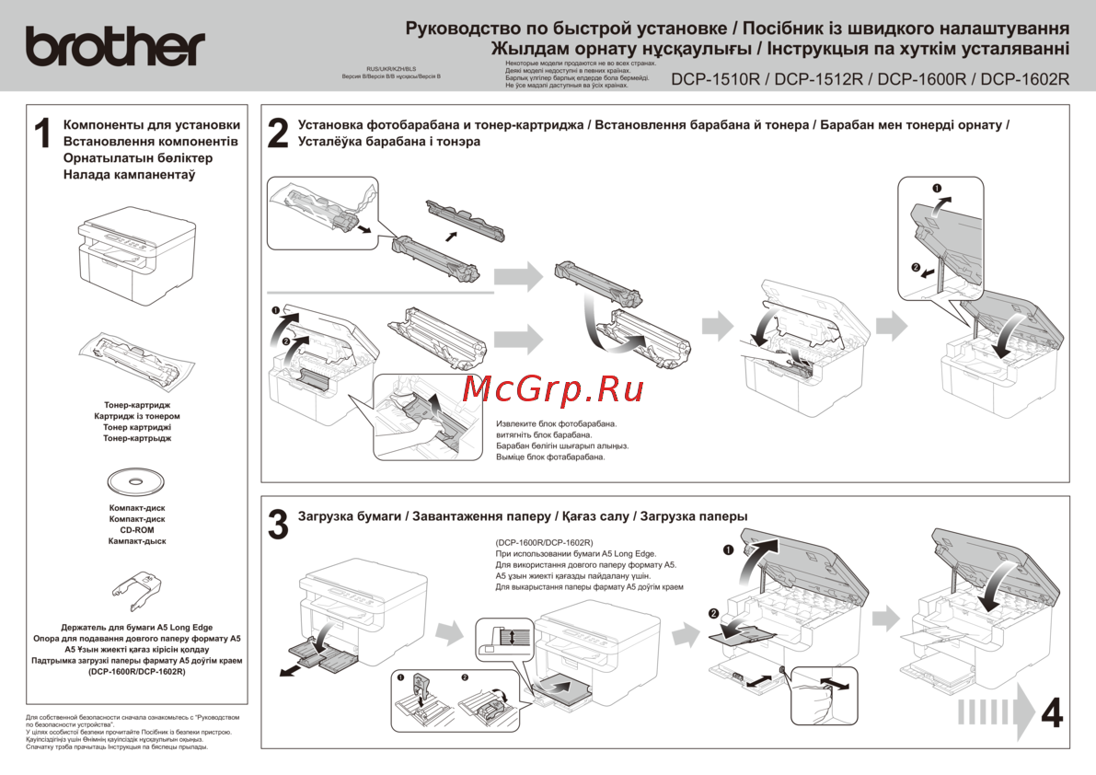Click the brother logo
coord(114,45)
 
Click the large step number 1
coord(41,134)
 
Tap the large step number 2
coord(277,133)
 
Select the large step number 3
coord(278,524)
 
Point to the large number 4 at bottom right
coord(1052,713)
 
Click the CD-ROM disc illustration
coord(136,481)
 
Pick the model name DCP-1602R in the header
coord(1025,79)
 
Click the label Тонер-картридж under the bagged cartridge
coord(137,405)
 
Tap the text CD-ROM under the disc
coord(136,530)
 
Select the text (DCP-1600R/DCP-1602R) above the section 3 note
coord(544,543)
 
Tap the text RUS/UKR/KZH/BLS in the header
coord(391,69)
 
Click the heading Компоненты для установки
coord(152,125)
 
